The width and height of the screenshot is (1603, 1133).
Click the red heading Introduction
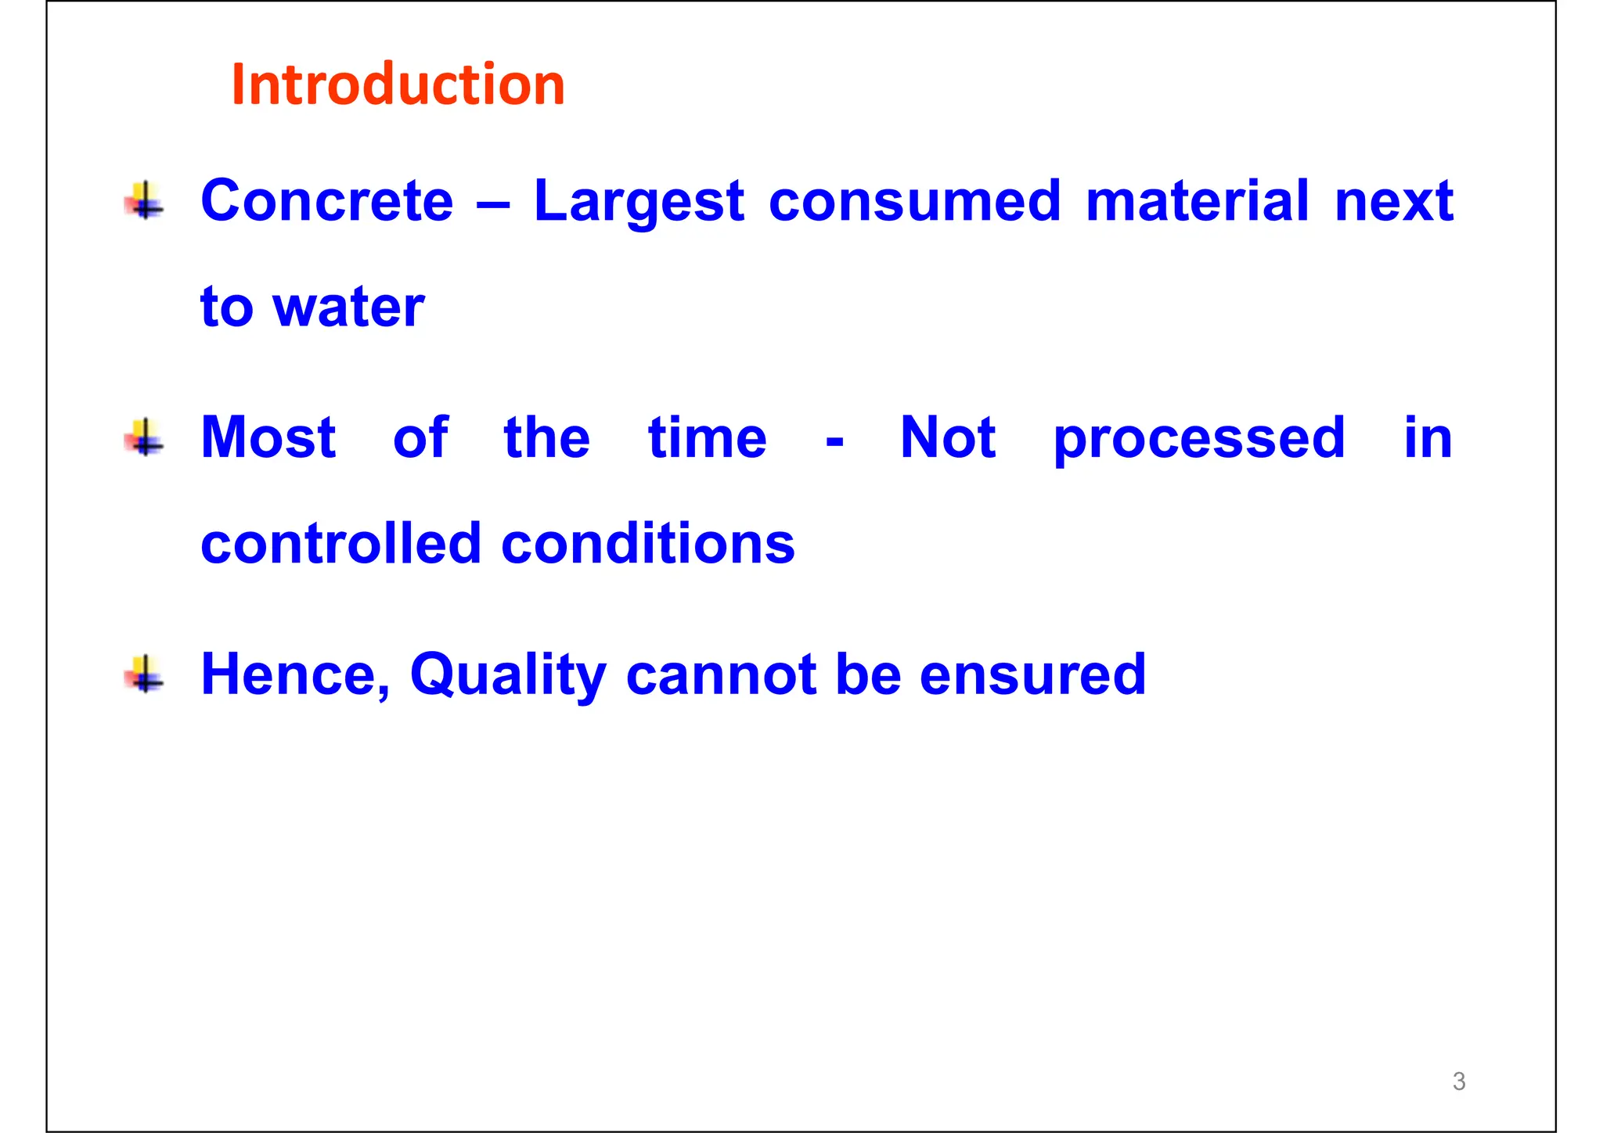pos(398,84)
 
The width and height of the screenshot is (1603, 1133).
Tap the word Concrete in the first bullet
pos(327,201)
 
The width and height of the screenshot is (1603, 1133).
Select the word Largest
pos(639,203)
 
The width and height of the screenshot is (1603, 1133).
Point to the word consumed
pos(914,201)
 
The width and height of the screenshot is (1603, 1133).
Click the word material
pos(1197,201)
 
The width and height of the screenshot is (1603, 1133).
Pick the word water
pos(348,307)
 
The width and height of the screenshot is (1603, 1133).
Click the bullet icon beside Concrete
pos(145,200)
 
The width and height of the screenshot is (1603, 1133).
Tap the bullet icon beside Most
pos(145,437)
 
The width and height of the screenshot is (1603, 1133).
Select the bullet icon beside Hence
pos(145,674)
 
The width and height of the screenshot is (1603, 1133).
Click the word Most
pos(268,437)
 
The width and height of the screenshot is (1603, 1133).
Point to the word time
pos(707,437)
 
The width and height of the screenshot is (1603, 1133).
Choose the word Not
pos(948,437)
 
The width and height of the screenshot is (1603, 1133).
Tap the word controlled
pos(340,543)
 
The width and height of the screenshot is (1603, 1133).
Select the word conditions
pos(647,543)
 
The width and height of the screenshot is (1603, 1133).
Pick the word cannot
pos(721,674)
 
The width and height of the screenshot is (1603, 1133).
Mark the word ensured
pos(1032,674)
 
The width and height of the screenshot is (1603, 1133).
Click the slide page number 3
pos(1458,1081)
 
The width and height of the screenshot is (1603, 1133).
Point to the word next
pos(1393,201)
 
